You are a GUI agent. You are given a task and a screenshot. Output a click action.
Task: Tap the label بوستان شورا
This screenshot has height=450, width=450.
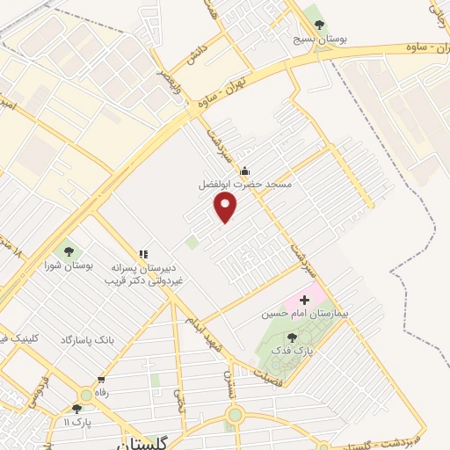point(71,264)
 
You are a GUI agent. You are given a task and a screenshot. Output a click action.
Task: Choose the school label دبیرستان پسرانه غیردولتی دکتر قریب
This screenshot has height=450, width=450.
point(142,274)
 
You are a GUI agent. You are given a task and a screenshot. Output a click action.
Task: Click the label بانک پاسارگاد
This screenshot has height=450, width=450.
point(87,339)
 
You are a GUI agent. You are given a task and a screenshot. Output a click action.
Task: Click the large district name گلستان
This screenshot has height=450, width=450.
point(140,442)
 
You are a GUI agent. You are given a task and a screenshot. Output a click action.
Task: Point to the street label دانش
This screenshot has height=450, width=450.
point(195,54)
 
